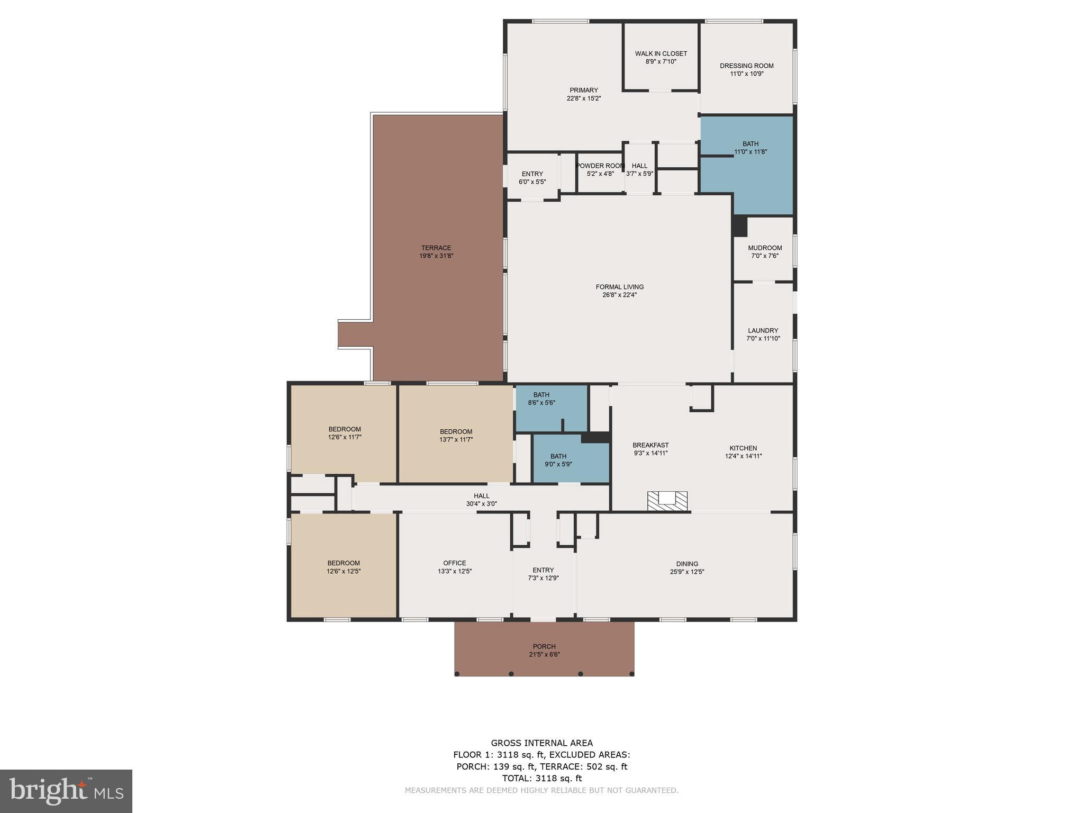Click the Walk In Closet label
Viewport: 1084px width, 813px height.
tap(661, 53)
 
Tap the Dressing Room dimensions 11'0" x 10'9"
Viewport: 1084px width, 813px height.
tap(746, 74)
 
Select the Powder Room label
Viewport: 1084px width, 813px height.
tap(600, 166)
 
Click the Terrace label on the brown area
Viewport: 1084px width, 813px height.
tap(436, 248)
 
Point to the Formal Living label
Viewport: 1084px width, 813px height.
tap(619, 287)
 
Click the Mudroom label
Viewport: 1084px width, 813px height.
tap(764, 248)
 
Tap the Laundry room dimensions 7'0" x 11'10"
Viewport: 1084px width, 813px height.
tap(763, 339)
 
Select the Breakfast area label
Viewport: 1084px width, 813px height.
tap(651, 445)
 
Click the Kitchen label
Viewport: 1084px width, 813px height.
tap(743, 448)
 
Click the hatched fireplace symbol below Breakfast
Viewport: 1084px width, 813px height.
tap(667, 501)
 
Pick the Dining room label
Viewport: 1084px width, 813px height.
tap(687, 564)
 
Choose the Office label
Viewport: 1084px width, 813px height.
tap(455, 563)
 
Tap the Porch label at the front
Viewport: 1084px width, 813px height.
tap(544, 646)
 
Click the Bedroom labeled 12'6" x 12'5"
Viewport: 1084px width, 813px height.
tap(344, 567)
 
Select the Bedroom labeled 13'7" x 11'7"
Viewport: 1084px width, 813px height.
tap(456, 435)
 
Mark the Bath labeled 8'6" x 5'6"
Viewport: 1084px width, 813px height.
tap(541, 399)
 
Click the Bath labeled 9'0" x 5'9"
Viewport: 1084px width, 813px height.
tap(558, 460)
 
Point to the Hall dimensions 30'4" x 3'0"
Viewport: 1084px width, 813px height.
tap(481, 504)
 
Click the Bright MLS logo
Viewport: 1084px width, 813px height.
tap(66, 791)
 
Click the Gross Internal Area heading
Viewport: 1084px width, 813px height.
tap(541, 743)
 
